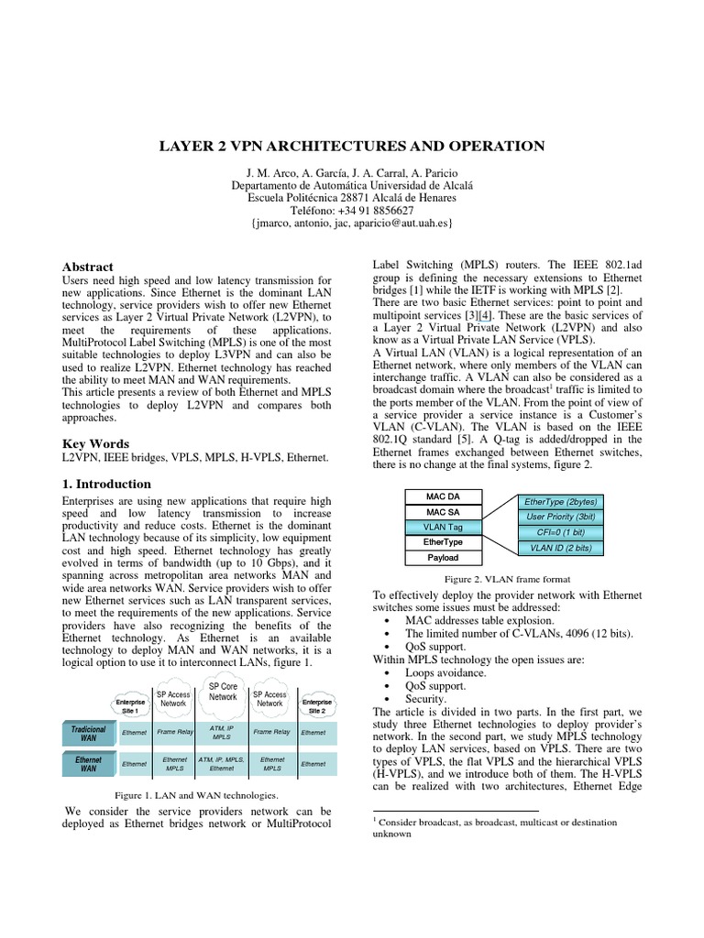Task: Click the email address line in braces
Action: point(351,224)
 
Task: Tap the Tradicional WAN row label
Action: point(89,733)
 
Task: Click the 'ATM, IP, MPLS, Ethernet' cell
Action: point(222,764)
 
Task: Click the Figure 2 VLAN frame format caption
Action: point(507,579)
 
